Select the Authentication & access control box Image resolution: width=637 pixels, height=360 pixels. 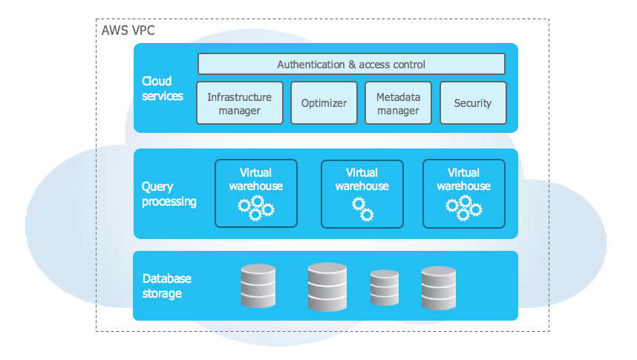pos(351,65)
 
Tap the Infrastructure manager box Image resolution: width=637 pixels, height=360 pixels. pos(239,103)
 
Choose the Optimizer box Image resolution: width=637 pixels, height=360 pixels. pos(324,103)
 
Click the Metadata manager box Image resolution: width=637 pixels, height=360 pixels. pos(398,103)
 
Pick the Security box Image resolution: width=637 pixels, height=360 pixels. pos(473,103)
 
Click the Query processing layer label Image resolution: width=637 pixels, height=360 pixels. pos(169,194)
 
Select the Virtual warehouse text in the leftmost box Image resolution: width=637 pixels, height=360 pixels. pos(255,179)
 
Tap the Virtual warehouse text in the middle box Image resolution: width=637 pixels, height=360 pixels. pos(362,179)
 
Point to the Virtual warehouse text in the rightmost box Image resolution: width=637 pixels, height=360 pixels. pos(463,179)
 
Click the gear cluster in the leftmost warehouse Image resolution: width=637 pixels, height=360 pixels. pos(256,207)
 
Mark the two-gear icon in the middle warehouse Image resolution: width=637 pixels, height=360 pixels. pos(362,209)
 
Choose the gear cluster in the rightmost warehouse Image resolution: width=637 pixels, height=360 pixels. pos(464,207)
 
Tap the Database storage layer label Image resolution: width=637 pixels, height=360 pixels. pos(166,286)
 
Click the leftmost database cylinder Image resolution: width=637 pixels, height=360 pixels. pos(258,286)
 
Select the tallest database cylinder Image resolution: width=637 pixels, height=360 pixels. pos(327,286)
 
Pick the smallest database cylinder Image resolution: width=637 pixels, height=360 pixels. pos(385,288)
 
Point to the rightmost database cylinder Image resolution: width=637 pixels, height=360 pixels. pos(438,287)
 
